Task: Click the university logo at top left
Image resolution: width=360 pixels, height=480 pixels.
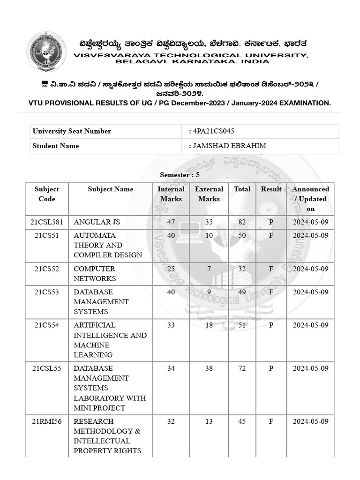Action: click(x=46, y=52)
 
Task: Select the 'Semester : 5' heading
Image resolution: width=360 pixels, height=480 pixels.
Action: click(x=180, y=174)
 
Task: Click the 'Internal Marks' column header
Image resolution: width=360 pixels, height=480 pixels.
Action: click(x=171, y=194)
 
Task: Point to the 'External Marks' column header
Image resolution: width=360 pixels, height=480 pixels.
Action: click(x=209, y=194)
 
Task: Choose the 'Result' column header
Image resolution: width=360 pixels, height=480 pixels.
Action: click(x=271, y=189)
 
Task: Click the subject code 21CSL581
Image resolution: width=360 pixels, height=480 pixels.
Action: click(x=47, y=222)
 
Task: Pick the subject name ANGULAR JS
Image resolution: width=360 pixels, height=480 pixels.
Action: click(x=93, y=222)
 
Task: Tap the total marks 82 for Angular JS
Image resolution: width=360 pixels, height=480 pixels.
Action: click(x=242, y=222)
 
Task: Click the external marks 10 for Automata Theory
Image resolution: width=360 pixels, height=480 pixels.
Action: click(x=209, y=235)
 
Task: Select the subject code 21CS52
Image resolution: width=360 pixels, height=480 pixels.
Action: click(x=47, y=269)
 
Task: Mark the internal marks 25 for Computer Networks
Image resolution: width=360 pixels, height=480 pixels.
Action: click(x=171, y=269)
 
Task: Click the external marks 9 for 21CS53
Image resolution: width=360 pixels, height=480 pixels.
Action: click(x=209, y=292)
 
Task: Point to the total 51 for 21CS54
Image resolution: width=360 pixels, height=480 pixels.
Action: click(x=242, y=325)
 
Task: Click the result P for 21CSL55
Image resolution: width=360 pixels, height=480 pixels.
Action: click(x=271, y=368)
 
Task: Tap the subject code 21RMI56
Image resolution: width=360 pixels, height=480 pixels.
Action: click(x=47, y=421)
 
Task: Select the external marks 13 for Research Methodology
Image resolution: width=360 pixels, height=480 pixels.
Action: click(x=209, y=421)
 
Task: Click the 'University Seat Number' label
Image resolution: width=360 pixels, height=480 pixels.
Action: click(x=72, y=131)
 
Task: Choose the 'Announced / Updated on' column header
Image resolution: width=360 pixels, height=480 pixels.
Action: click(x=310, y=199)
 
